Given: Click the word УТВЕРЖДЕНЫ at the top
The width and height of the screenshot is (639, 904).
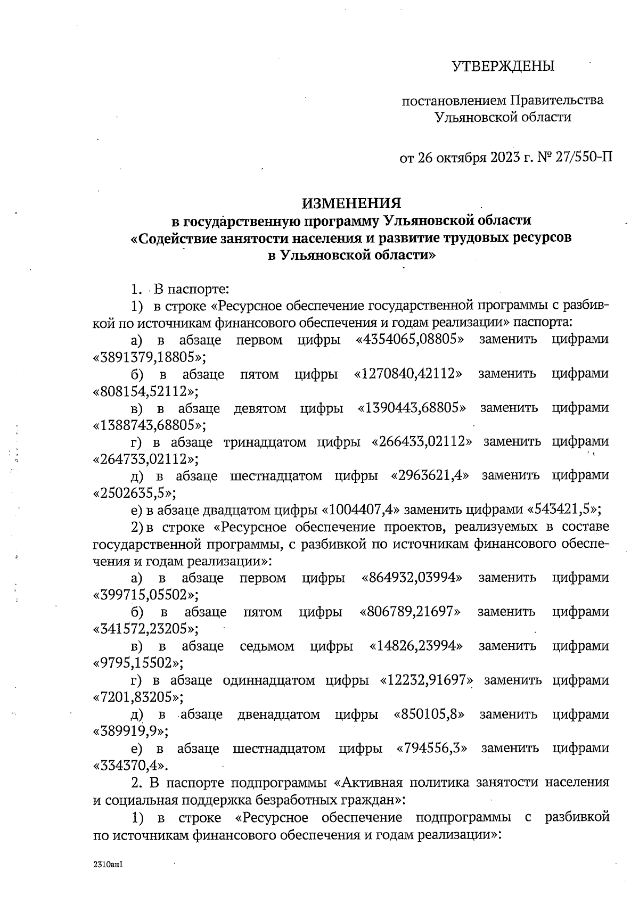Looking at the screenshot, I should pyautogui.click(x=503, y=67).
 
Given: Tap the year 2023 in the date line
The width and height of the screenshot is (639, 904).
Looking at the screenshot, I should pyautogui.click(x=502, y=158).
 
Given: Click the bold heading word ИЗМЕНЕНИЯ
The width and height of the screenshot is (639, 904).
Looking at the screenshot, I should pyautogui.click(x=351, y=203).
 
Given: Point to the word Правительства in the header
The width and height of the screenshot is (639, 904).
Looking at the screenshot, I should pyautogui.click(x=557, y=100).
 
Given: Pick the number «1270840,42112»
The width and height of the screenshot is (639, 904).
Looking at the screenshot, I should pyautogui.click(x=408, y=374).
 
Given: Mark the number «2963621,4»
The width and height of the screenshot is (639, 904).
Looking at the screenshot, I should pyautogui.click(x=430, y=475).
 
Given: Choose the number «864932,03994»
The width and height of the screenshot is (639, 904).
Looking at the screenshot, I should pyautogui.click(x=412, y=578).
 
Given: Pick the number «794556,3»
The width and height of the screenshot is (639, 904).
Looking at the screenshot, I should pyautogui.click(x=432, y=748).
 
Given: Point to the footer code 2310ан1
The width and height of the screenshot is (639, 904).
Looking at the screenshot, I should pyautogui.click(x=108, y=866).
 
